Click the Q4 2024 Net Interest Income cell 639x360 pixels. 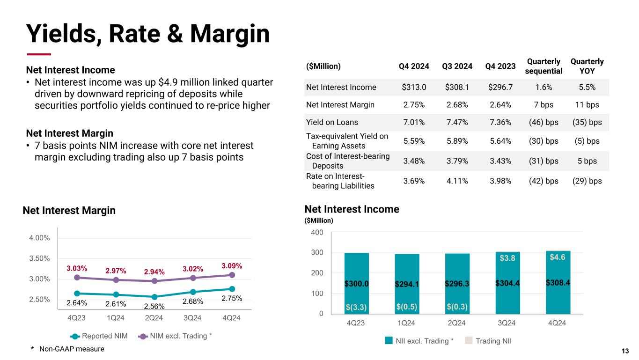414,87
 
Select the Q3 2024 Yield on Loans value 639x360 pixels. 457,122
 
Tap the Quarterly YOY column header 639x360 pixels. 587,66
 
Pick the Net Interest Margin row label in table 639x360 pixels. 340,105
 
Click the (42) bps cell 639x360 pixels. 544,181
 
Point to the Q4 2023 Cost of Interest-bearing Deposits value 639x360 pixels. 500,161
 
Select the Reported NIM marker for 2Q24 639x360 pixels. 154,297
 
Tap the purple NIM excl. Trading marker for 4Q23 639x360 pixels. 77,277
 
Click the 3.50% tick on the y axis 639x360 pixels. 40,258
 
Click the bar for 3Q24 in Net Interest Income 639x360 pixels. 507,282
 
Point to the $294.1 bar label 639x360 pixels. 407,284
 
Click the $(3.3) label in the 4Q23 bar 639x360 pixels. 356,307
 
